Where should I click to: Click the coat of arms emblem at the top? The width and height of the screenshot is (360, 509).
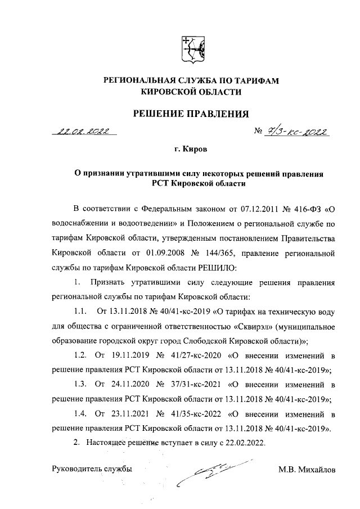pyautogui.click(x=190, y=49)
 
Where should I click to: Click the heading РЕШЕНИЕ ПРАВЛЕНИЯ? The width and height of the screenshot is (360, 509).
pyautogui.click(x=190, y=115)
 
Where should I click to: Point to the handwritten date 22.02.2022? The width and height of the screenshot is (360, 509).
pyautogui.click(x=83, y=132)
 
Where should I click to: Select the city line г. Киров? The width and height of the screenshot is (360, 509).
pyautogui.click(x=190, y=150)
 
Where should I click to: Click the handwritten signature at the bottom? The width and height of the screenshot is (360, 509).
pyautogui.click(x=214, y=472)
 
